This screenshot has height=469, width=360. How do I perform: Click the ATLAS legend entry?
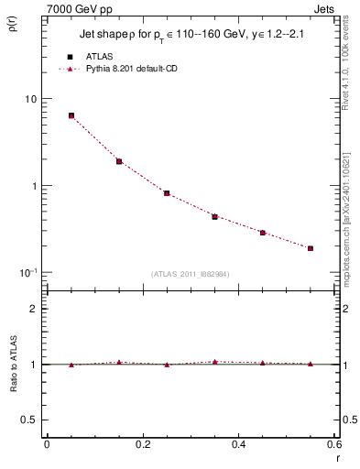[x=98, y=56]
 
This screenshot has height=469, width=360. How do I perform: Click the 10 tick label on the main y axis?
[x=29, y=99]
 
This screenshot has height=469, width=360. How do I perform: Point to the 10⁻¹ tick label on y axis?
[x=28, y=272]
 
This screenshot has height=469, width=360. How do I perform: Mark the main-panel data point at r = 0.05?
[x=71, y=115]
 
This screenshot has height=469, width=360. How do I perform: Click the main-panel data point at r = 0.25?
[x=167, y=193]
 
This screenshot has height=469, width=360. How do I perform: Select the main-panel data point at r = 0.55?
[x=311, y=248]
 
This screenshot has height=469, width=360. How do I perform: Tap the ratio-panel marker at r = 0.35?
[x=214, y=362]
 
